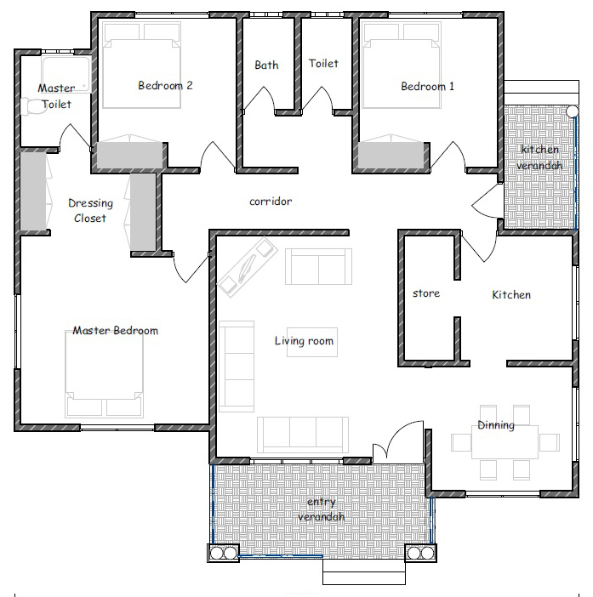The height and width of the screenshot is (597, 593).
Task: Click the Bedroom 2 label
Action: (165, 85)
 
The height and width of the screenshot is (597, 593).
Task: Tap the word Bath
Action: (266, 65)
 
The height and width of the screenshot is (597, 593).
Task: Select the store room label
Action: (426, 293)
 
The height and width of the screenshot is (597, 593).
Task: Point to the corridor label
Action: (271, 201)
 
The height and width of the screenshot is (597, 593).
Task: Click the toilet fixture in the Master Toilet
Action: (31, 106)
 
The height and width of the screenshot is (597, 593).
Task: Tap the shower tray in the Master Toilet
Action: (66, 74)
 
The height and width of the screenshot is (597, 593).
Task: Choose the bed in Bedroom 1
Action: (402, 65)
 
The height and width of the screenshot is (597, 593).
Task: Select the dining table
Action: (505, 442)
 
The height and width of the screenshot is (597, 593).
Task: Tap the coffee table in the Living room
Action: (312, 342)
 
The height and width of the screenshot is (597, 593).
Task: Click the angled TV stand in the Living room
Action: (248, 266)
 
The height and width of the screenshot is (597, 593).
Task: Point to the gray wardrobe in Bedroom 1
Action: (391, 155)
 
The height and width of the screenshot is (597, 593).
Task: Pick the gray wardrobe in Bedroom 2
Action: (129, 155)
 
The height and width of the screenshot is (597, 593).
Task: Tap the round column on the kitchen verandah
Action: (572, 111)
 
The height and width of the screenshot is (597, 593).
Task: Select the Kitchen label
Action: (511, 294)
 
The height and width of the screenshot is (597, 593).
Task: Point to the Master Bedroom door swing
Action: (191, 266)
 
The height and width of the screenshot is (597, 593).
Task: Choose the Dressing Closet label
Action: (90, 210)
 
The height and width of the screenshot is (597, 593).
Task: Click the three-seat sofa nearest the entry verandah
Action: (303, 435)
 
